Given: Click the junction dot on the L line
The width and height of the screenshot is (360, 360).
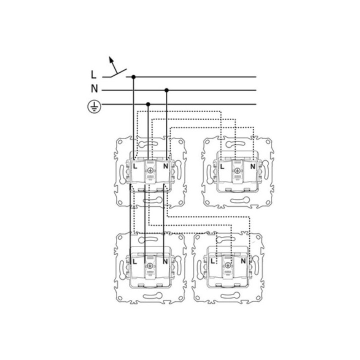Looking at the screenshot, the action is click(133, 76).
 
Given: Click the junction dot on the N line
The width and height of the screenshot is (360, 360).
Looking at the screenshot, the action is click(166, 90).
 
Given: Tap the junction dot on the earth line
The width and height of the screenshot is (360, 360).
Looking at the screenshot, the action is click(148, 104).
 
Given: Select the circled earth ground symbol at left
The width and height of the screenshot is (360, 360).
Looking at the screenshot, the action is click(94, 107).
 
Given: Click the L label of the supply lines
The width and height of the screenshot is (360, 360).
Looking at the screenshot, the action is click(93, 75).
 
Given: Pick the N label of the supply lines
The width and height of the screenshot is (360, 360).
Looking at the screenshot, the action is click(94, 88).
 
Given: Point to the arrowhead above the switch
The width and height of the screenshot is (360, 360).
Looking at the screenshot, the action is click(111, 59).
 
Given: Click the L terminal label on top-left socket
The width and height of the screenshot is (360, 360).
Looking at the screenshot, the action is click(135, 166).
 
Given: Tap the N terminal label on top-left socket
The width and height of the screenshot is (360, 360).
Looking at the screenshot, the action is click(165, 166).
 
